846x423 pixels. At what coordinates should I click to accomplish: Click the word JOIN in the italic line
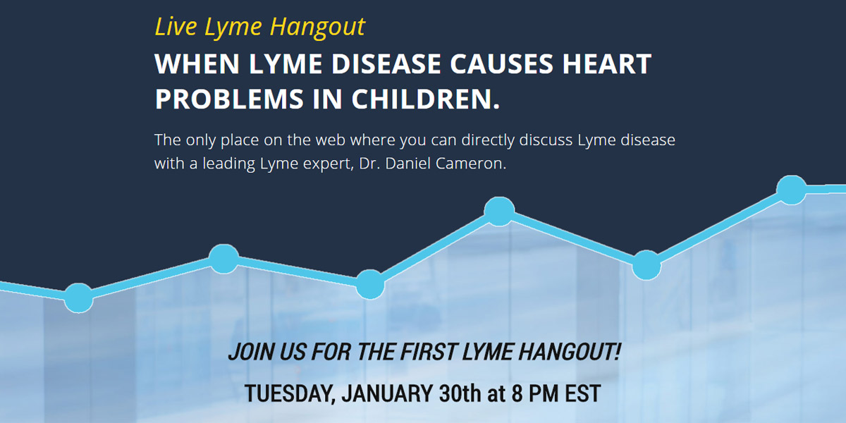coord(251,351)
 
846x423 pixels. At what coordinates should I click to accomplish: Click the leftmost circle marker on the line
coord(78,298)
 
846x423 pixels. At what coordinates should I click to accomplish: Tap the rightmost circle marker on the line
coord(791,190)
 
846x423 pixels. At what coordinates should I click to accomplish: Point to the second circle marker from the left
coord(223,258)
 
